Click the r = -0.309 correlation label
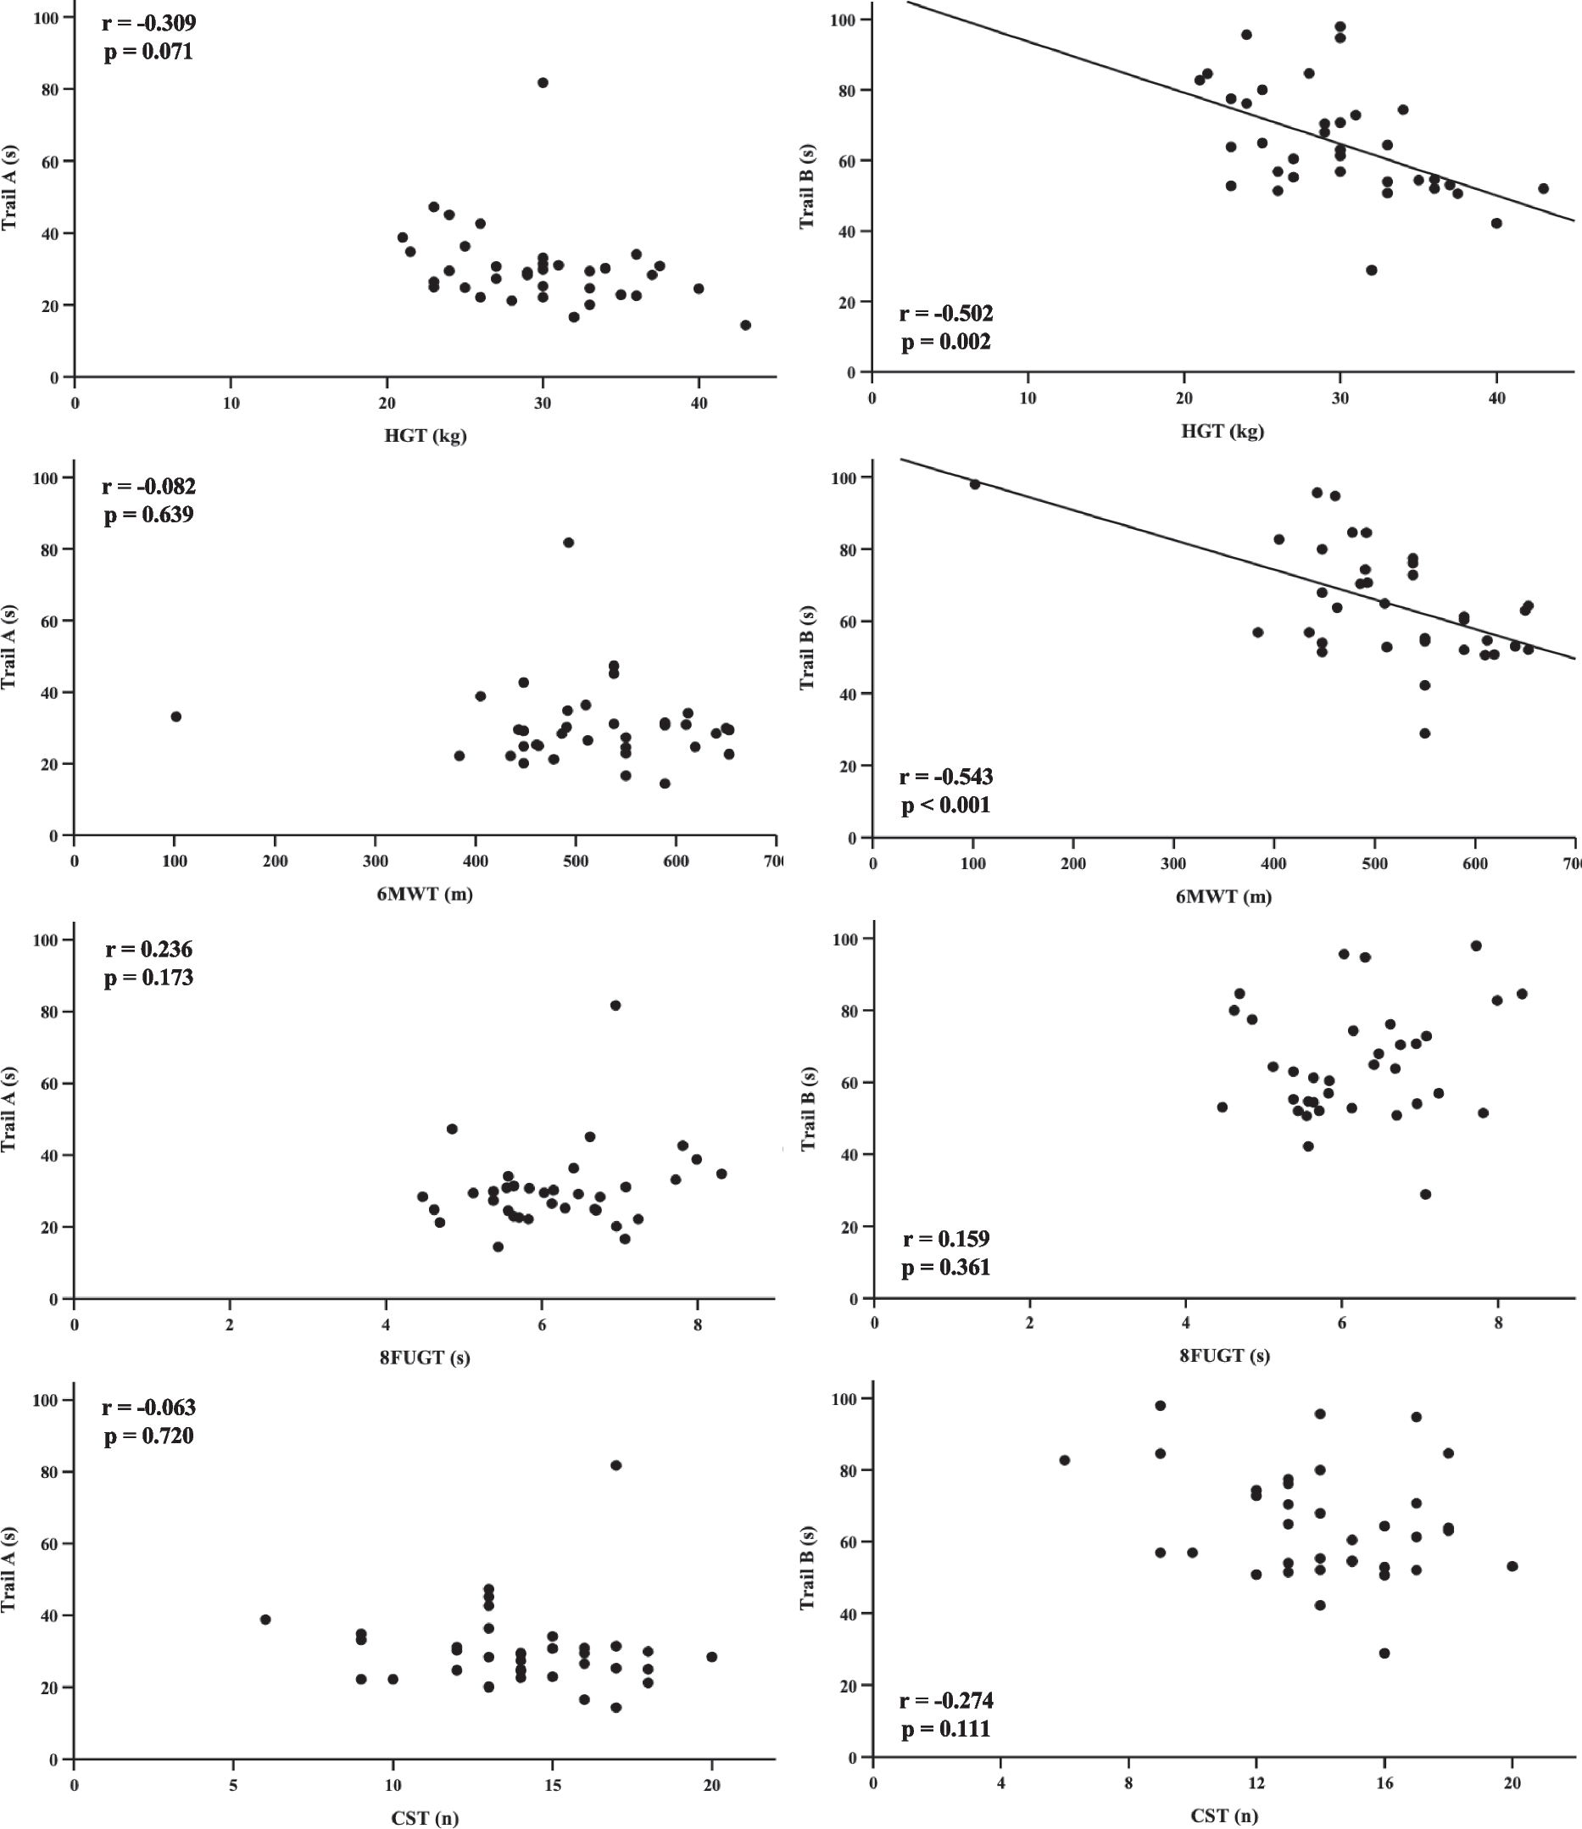148,23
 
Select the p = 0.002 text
945,343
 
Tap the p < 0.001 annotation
945,805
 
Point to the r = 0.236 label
148,949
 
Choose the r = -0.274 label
945,1700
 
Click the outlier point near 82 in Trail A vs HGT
543,83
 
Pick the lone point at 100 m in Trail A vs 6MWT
175,717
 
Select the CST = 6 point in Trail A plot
265,1620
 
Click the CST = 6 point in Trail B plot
1065,1460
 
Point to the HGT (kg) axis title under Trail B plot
1223,432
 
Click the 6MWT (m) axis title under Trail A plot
425,895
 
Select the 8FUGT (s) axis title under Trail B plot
1224,1355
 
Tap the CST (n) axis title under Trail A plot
425,1817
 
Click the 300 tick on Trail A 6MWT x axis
376,862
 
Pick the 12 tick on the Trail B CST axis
1256,1783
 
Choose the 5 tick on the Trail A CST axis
234,1785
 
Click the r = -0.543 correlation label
945,778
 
